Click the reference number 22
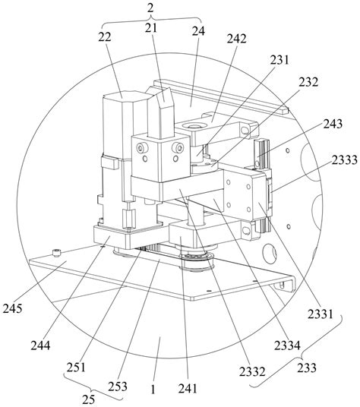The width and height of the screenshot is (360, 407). tap(105, 37)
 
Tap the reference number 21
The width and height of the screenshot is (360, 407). tap(151, 28)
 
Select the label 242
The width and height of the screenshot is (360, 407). tap(236, 39)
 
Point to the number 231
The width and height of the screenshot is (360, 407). tap(279, 60)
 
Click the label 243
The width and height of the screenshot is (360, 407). tap(333, 124)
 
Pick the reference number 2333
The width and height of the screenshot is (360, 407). tap(344, 159)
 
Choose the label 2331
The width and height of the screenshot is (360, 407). tap(321, 314)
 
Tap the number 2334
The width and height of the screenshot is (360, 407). tap(287, 345)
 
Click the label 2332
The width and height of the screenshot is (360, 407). tap(252, 372)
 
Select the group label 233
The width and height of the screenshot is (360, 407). tap(307, 368)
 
